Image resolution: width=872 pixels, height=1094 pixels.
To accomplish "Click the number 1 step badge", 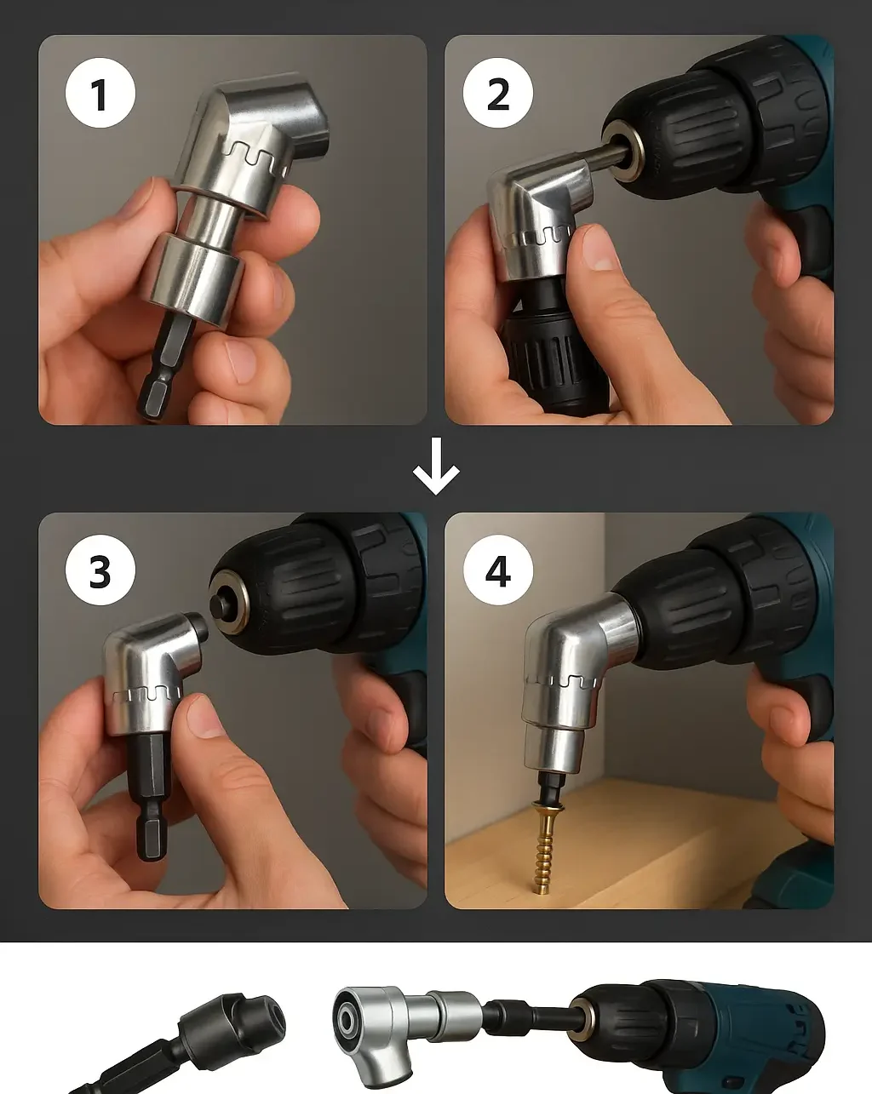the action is [100, 93].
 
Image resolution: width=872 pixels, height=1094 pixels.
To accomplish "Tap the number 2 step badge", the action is [498, 93].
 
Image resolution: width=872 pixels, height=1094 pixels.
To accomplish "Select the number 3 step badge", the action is [100, 570].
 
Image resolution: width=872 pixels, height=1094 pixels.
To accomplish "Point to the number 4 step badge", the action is [498, 570].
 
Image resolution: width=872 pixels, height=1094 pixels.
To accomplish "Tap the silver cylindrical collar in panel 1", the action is [194, 273].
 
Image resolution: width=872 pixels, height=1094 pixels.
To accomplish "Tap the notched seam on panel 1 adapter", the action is [255, 153].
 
